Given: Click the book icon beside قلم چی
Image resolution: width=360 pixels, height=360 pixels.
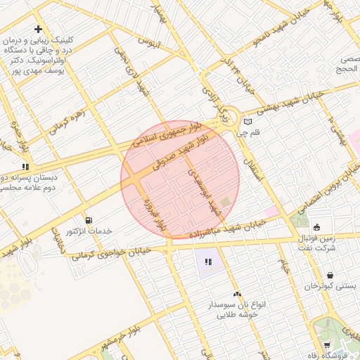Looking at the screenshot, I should pos(247,122).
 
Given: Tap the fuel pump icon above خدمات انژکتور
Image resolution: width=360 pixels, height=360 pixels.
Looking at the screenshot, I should pos(88,220).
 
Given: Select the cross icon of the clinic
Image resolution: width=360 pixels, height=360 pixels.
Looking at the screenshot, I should pos(39,29).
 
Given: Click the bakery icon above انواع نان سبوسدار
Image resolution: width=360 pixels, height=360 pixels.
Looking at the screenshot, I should pos(236,294).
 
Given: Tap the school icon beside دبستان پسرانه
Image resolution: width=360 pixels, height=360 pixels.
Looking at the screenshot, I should pos(25,167).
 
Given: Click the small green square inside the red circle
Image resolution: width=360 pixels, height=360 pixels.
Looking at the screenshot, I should pos(225,202).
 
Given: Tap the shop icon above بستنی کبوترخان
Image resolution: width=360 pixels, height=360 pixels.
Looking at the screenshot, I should pos(330,275).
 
